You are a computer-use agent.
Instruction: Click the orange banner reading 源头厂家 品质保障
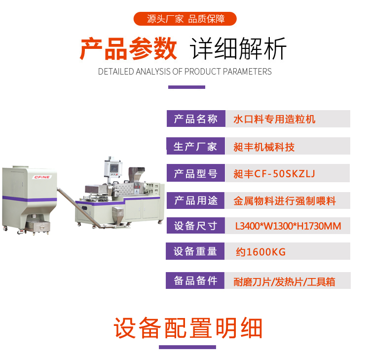click(185, 19)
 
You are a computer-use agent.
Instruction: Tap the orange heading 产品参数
click(128, 49)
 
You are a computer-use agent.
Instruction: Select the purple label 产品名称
click(196, 119)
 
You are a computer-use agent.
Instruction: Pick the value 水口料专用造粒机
click(274, 119)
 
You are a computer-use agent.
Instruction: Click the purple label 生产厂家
click(196, 146)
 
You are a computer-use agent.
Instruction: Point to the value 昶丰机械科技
click(264, 147)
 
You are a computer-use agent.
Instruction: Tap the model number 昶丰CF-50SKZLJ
click(274, 174)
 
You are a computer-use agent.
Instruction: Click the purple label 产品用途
click(196, 200)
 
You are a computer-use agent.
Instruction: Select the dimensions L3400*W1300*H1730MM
click(288, 226)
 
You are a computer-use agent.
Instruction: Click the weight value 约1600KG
click(261, 252)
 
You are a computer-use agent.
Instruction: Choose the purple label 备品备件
click(195, 280)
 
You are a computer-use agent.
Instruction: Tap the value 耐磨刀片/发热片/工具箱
click(284, 282)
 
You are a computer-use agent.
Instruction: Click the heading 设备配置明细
click(188, 328)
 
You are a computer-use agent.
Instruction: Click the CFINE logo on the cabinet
click(42, 177)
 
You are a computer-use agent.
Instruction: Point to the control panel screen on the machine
click(114, 168)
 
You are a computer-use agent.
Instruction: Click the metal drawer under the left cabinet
click(38, 226)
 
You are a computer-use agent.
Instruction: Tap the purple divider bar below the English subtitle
click(186, 87)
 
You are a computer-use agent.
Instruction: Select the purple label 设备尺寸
click(196, 226)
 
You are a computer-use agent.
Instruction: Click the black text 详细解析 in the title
click(238, 49)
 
